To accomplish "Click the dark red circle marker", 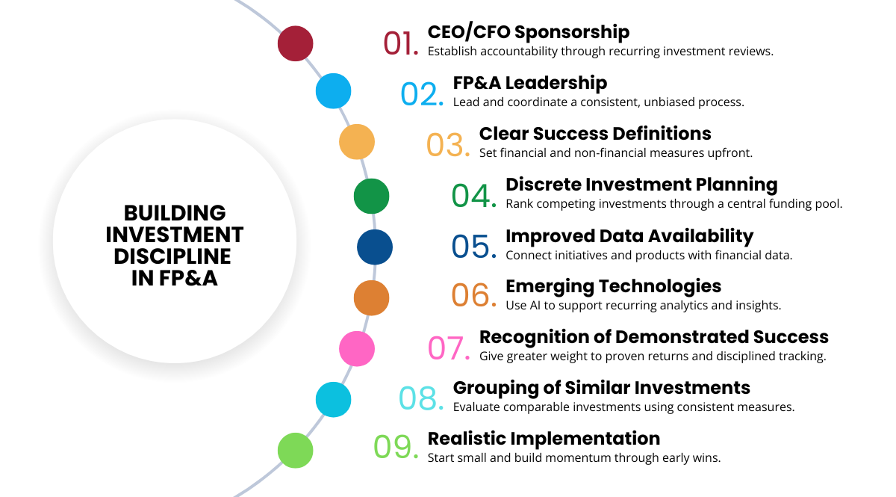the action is pyautogui.click(x=295, y=43).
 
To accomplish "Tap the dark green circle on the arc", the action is pyautogui.click(x=371, y=197).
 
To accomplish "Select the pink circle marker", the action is pyautogui.click(x=357, y=349).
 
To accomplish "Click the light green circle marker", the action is pyautogui.click(x=295, y=451).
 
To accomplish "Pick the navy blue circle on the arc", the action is pyautogui.click(x=375, y=247).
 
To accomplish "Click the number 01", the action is pyautogui.click(x=401, y=43).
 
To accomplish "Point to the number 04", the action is pyautogui.click(x=474, y=196).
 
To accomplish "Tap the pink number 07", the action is pyautogui.click(x=449, y=348).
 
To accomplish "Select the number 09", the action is pyautogui.click(x=396, y=447).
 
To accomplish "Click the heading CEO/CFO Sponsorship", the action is pyautogui.click(x=529, y=32).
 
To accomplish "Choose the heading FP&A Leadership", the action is pyautogui.click(x=530, y=83).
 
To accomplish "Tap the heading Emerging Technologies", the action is pyautogui.click(x=613, y=287).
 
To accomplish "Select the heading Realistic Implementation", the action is pyautogui.click(x=544, y=439).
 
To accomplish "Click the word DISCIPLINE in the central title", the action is pyautogui.click(x=172, y=256).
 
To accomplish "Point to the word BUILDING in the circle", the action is pyautogui.click(x=175, y=213).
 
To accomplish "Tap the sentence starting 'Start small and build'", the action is pyautogui.click(x=574, y=457).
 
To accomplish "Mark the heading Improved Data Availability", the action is pyautogui.click(x=629, y=236).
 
